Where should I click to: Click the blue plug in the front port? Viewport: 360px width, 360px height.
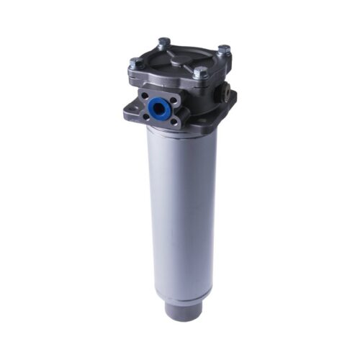coord(157,109)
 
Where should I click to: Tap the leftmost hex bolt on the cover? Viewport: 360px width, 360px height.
coord(135,63)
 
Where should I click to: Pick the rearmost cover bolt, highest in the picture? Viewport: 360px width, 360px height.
coord(163,42)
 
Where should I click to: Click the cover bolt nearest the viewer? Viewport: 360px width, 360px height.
coord(201,72)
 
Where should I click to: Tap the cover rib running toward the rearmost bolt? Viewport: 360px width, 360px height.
coord(171,49)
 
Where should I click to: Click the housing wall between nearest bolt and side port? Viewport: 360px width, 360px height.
coord(213,86)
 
